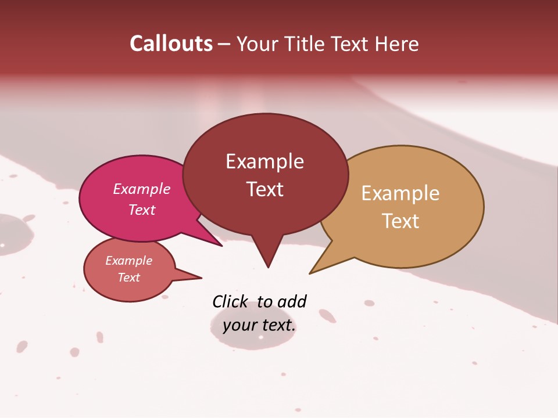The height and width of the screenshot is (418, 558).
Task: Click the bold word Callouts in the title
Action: click(x=171, y=44)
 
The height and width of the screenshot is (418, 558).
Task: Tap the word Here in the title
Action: click(x=397, y=44)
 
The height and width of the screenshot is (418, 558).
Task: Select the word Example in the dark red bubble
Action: click(x=264, y=161)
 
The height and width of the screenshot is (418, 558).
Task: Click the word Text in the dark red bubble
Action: click(x=264, y=189)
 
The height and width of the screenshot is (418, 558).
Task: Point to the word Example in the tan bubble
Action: click(x=400, y=193)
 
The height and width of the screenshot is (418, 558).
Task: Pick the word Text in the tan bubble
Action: click(x=400, y=221)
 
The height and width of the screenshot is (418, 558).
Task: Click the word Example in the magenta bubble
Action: click(x=141, y=189)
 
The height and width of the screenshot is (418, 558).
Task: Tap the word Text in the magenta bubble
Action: click(x=141, y=210)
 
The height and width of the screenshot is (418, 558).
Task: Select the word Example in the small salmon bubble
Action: click(x=128, y=261)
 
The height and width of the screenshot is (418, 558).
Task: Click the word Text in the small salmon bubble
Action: click(x=128, y=278)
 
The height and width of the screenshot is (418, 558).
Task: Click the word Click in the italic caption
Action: click(x=230, y=301)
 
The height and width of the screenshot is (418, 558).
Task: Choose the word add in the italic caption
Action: click(x=291, y=301)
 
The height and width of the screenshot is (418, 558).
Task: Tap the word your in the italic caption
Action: click(x=239, y=325)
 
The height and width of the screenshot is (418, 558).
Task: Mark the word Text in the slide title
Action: click(x=350, y=44)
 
